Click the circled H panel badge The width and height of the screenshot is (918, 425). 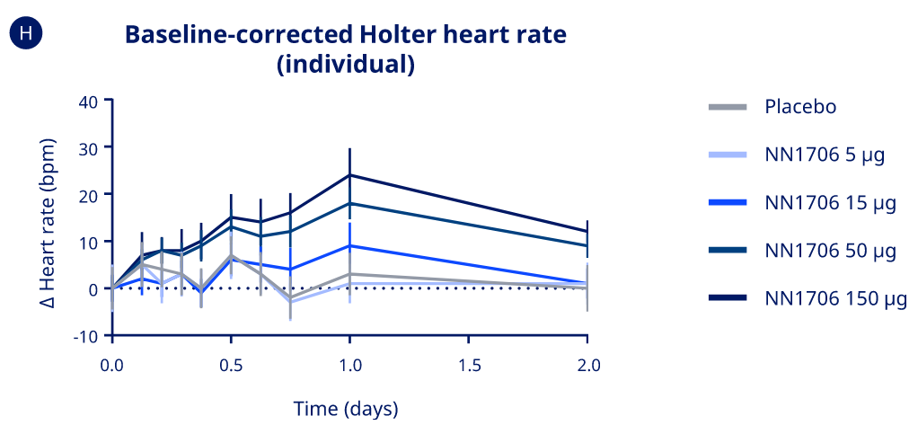coord(26,34)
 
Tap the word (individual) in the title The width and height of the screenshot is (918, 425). coord(346,66)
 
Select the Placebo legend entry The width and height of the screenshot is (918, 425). coord(799,107)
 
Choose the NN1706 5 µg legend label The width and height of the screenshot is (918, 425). coord(825,155)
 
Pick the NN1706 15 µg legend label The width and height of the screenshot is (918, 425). coord(830,202)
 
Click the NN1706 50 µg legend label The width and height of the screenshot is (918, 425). coord(830,251)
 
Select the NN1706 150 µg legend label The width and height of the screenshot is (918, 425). coord(835,298)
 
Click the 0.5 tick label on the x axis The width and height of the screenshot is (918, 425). coord(231,366)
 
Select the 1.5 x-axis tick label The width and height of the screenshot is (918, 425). coord(469,366)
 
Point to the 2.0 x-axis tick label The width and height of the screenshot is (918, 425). coord(587,366)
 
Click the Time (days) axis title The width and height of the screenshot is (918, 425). coord(346,409)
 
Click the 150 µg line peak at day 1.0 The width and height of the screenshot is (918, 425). coord(349,175)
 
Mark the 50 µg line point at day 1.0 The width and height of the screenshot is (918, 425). coord(349,203)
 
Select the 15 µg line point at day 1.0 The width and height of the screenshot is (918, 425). coord(349,245)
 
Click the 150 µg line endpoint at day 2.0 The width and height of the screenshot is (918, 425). coord(587,232)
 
